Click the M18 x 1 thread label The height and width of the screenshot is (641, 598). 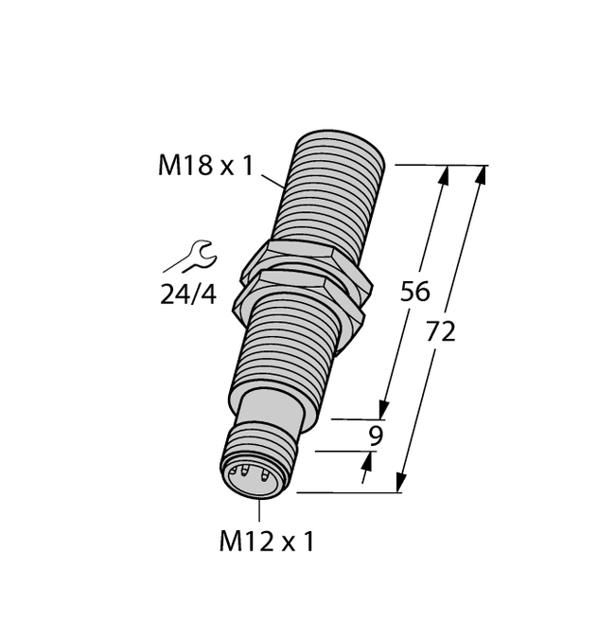(205, 167)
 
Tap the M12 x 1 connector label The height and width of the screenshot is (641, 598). (266, 542)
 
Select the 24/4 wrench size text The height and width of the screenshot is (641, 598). (187, 295)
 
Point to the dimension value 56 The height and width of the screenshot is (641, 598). (415, 292)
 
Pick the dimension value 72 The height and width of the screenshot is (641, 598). (441, 331)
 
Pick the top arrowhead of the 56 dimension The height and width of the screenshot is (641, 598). (445, 174)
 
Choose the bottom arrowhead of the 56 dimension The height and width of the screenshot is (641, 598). (384, 410)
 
